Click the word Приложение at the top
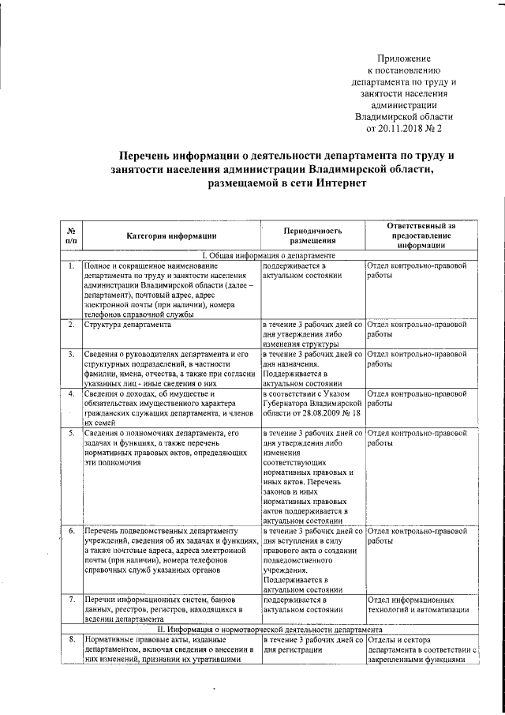pos(404,59)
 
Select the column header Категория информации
pos(171,235)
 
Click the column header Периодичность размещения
pos(313,235)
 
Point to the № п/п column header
pos(71,235)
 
